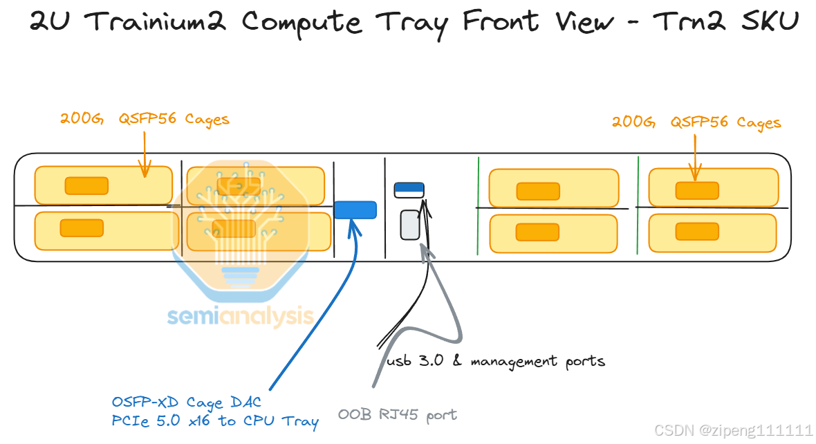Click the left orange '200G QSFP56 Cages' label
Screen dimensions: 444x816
pyautogui.click(x=144, y=119)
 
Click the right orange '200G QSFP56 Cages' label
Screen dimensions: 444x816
pyautogui.click(x=696, y=122)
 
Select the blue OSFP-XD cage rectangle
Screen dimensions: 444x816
pyautogui.click(x=355, y=210)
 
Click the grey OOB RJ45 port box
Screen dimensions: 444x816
pyautogui.click(x=410, y=225)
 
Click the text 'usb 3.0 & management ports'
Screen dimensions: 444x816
pyautogui.click(x=495, y=361)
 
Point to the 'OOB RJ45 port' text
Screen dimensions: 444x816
pyautogui.click(x=397, y=415)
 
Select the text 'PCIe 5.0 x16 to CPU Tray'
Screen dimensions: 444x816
pyautogui.click(x=215, y=420)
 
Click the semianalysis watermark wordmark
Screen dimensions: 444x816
pyautogui.click(x=240, y=317)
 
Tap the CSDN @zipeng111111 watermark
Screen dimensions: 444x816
pyautogui.click(x=733, y=430)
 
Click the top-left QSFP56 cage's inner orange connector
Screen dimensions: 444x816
pyautogui.click(x=86, y=185)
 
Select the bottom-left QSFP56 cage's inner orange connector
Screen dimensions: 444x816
pyautogui.click(x=82, y=228)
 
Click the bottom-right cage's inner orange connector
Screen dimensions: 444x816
pyautogui.click(x=696, y=231)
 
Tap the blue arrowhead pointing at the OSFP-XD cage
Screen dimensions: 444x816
pyautogui.click(x=355, y=226)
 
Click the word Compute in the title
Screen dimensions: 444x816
pyautogui.click(x=301, y=22)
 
